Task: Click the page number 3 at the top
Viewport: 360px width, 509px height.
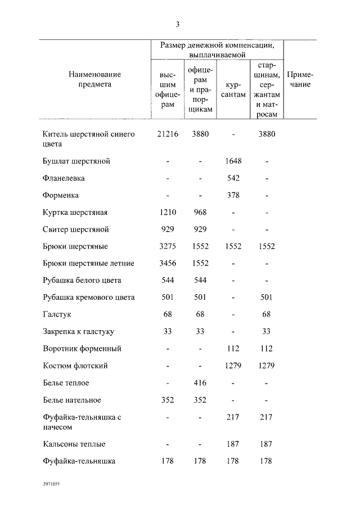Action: [177, 24]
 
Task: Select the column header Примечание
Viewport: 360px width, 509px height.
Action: [300, 79]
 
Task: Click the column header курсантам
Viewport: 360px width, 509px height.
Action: [233, 89]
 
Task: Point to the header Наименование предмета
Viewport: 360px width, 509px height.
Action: [94, 79]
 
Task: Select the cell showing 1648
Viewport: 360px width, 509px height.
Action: [233, 161]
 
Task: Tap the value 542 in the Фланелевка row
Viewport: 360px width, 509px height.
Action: [233, 178]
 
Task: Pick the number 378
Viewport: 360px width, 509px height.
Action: [233, 195]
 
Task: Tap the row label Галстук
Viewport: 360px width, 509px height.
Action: [57, 314]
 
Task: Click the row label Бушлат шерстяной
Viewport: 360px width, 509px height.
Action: [76, 161]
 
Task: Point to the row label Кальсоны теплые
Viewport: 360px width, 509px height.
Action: [74, 444]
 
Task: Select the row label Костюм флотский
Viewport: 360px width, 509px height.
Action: [75, 366]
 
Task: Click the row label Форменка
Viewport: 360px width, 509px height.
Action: [60, 195]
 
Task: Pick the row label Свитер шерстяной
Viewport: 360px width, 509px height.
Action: [75, 229]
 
